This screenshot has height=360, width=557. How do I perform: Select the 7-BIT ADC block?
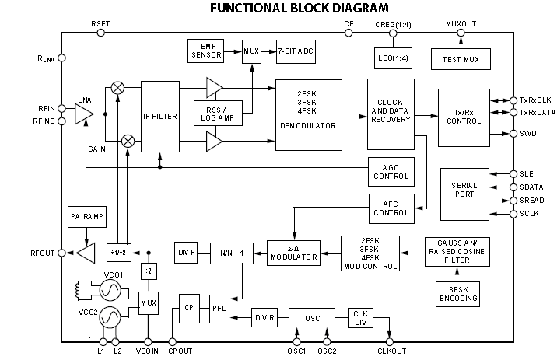coord(296,51)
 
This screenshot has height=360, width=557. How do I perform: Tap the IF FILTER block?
coord(160,116)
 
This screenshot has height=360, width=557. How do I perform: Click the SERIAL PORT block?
coord(464,190)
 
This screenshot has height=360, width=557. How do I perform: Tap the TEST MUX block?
coord(461,58)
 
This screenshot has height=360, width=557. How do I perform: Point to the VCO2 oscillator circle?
coord(107,318)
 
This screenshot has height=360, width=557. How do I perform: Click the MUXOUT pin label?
coord(461,24)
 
